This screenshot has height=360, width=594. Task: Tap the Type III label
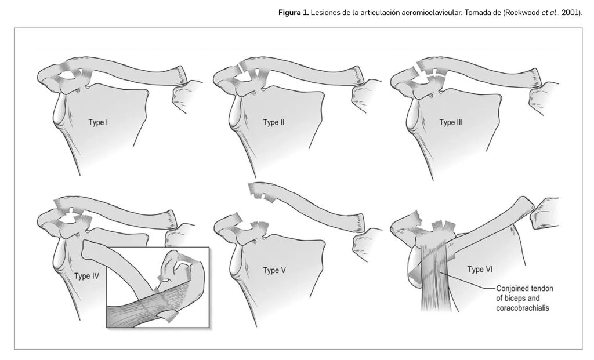point(451,123)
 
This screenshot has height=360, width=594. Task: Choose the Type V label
point(274,271)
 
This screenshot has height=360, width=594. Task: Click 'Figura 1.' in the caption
point(294,13)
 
